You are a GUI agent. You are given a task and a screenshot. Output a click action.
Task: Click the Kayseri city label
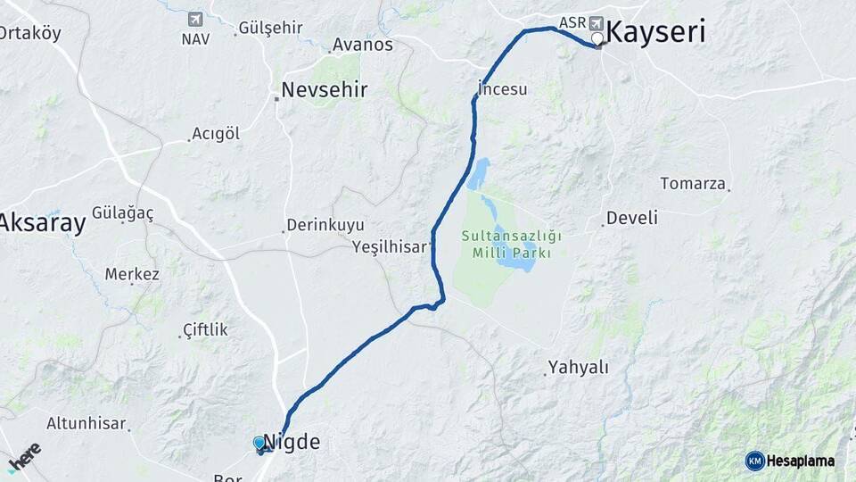coord(655,32)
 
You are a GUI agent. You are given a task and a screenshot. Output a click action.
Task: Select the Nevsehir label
coord(324,89)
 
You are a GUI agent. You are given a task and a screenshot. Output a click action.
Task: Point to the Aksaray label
coord(43,223)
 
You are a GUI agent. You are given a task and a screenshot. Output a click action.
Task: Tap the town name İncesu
coord(504,89)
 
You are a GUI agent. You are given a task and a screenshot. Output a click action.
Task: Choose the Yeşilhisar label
coord(390,246)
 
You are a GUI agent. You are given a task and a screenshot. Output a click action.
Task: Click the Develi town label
coord(631,218)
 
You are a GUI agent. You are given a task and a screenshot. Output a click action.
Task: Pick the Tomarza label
coord(693,184)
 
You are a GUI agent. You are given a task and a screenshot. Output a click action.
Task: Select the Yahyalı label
coord(578,367)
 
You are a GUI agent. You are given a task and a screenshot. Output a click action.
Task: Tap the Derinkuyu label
coord(325,226)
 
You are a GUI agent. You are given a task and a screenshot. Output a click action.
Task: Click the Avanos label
coord(362,45)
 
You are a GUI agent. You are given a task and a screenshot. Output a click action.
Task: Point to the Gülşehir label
coord(271,28)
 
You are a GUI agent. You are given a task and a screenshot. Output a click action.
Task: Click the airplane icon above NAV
coord(195,19)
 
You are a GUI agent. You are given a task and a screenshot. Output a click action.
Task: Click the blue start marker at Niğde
coord(259,443)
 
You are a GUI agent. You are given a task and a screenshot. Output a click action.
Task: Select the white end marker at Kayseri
coord(597,38)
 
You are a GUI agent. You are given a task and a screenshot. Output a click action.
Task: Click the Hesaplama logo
coord(790,461)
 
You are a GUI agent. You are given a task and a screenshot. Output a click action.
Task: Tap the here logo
coord(24,456)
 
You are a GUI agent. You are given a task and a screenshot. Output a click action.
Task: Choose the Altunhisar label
coord(86,423)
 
